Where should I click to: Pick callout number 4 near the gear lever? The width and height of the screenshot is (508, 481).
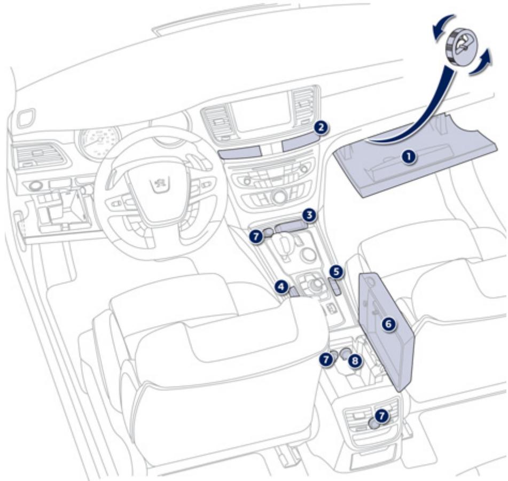[x=282, y=287]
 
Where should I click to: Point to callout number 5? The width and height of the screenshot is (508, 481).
[x=335, y=271]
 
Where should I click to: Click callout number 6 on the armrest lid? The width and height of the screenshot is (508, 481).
[x=388, y=323]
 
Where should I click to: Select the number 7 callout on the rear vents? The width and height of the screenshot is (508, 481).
[x=381, y=414]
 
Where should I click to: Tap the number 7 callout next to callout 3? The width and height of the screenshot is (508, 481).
[x=256, y=235]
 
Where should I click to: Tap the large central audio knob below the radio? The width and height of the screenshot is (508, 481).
[x=278, y=197]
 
